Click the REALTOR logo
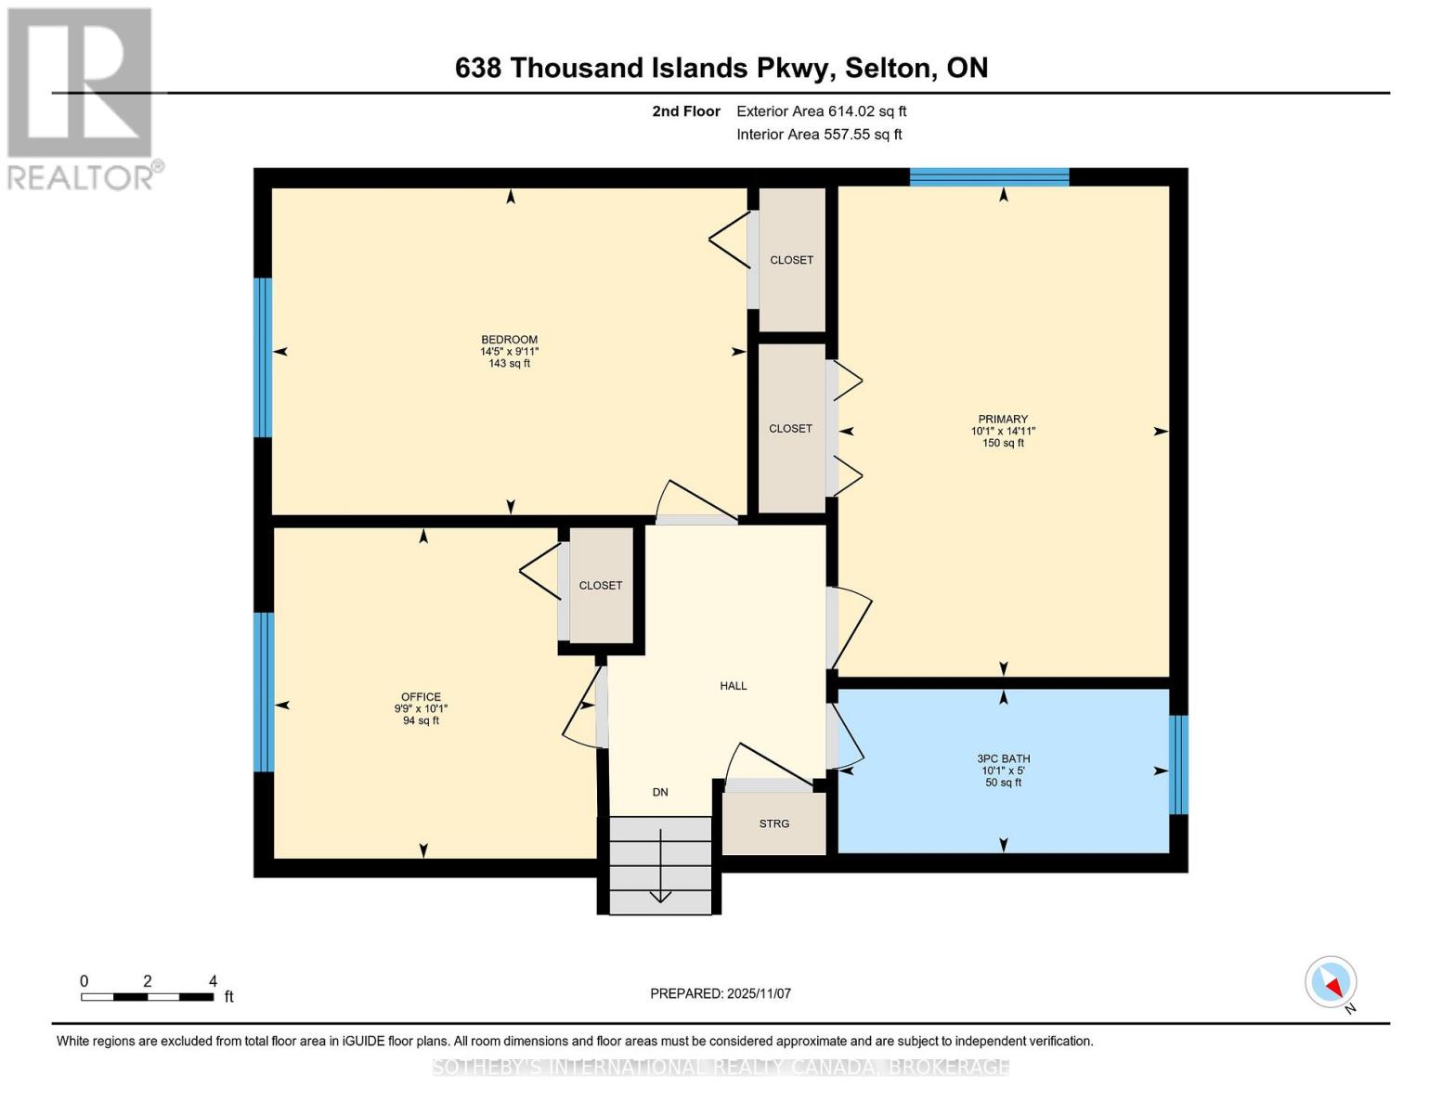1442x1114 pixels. click(82, 99)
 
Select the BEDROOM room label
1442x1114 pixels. click(510, 340)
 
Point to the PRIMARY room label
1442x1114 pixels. click(1003, 420)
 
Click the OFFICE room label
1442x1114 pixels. click(421, 696)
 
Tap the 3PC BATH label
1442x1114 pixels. click(1004, 758)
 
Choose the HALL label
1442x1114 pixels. click(734, 686)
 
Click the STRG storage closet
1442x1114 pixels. click(773, 823)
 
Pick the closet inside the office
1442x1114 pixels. click(601, 585)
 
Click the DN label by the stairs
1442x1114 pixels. click(660, 792)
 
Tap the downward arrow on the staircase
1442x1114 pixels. click(660, 866)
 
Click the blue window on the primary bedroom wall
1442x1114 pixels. click(989, 177)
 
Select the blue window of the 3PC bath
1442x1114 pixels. click(1178, 764)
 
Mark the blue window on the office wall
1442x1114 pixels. click(264, 692)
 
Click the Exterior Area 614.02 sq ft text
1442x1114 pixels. click(822, 111)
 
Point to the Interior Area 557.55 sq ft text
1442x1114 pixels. click(820, 135)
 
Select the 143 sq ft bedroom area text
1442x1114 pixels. click(510, 364)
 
